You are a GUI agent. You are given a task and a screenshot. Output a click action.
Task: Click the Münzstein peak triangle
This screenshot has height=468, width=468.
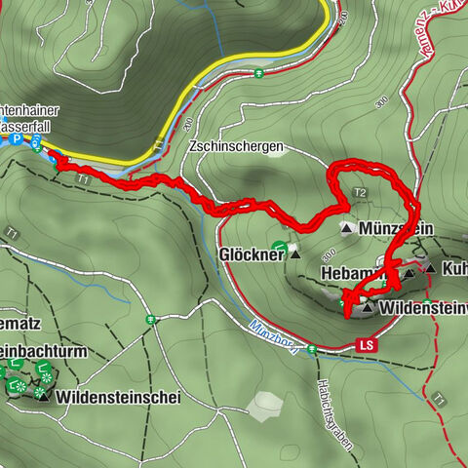[x=345, y=228]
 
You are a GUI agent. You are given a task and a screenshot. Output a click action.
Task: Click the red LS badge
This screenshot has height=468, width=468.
[x=367, y=344]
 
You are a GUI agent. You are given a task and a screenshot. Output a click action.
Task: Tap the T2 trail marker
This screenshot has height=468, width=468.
[x=360, y=193]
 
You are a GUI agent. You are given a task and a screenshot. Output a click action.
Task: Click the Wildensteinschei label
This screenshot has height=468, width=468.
[x=118, y=397]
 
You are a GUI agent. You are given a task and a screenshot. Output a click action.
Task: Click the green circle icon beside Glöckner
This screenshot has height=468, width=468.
[x=280, y=248]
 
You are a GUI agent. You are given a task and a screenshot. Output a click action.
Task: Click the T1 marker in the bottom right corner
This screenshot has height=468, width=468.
[x=441, y=399]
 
